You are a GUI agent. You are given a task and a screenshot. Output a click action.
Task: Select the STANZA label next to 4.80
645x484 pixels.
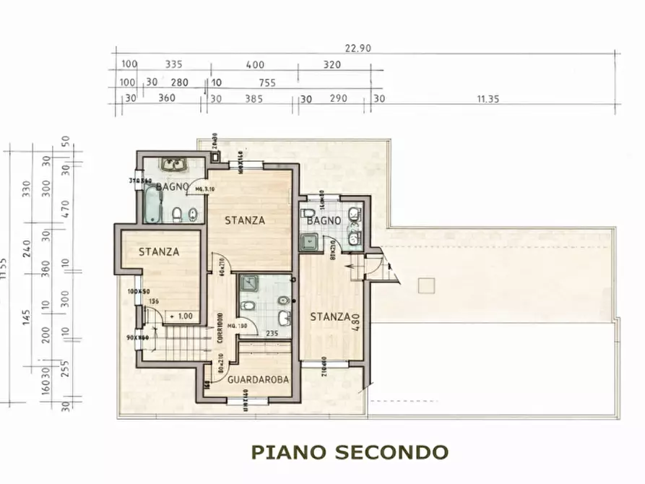[x=330, y=316]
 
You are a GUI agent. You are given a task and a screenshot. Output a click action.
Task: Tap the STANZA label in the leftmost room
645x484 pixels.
[x=158, y=251]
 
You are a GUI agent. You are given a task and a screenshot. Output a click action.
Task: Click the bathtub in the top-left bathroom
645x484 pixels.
[x=152, y=204]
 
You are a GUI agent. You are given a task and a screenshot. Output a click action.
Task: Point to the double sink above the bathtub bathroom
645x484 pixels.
[x=173, y=165]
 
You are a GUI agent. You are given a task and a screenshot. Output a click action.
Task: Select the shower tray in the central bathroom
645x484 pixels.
[x=250, y=283]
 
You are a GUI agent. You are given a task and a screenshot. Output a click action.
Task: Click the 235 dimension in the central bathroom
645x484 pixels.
[x=272, y=334]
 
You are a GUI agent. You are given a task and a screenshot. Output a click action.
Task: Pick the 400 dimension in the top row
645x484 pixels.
[x=254, y=64]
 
